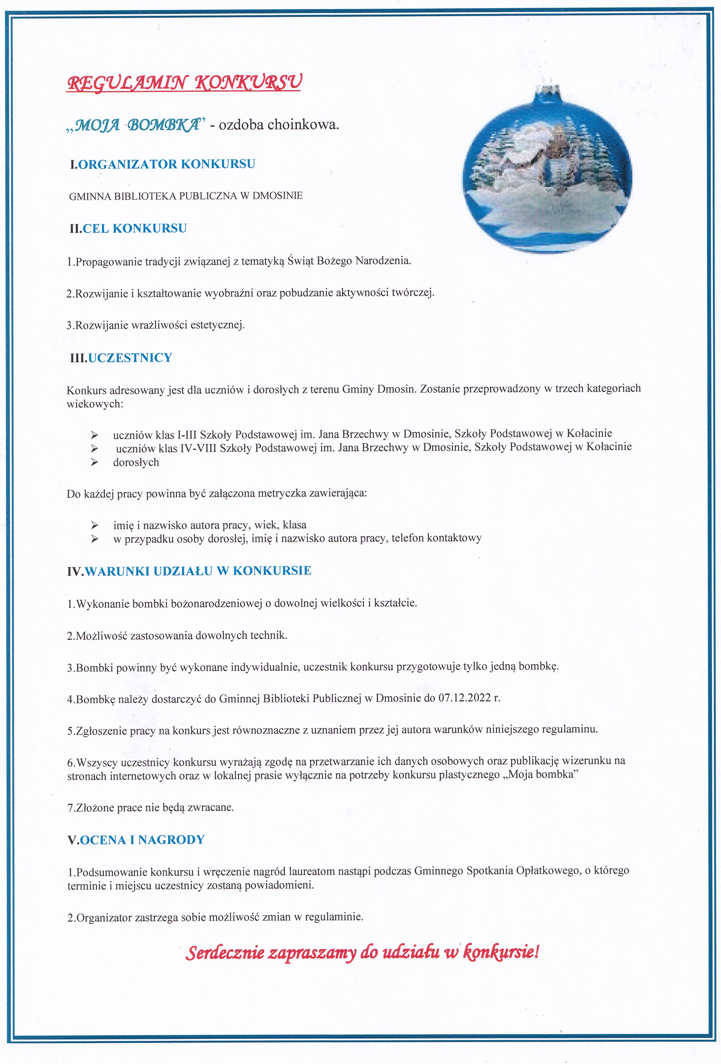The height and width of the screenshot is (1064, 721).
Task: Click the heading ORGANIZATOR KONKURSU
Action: [x=167, y=164]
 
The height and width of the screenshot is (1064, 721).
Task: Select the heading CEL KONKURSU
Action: [x=135, y=228]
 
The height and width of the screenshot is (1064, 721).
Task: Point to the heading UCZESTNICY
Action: [x=130, y=358]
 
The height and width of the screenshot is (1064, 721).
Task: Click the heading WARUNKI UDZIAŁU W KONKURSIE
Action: [x=198, y=571]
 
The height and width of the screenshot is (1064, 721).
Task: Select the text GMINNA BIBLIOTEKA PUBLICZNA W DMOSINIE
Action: [x=186, y=196]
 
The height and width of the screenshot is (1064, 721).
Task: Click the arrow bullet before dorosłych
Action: [x=95, y=462]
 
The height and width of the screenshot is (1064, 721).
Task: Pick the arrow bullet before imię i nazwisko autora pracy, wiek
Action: [x=95, y=525]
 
